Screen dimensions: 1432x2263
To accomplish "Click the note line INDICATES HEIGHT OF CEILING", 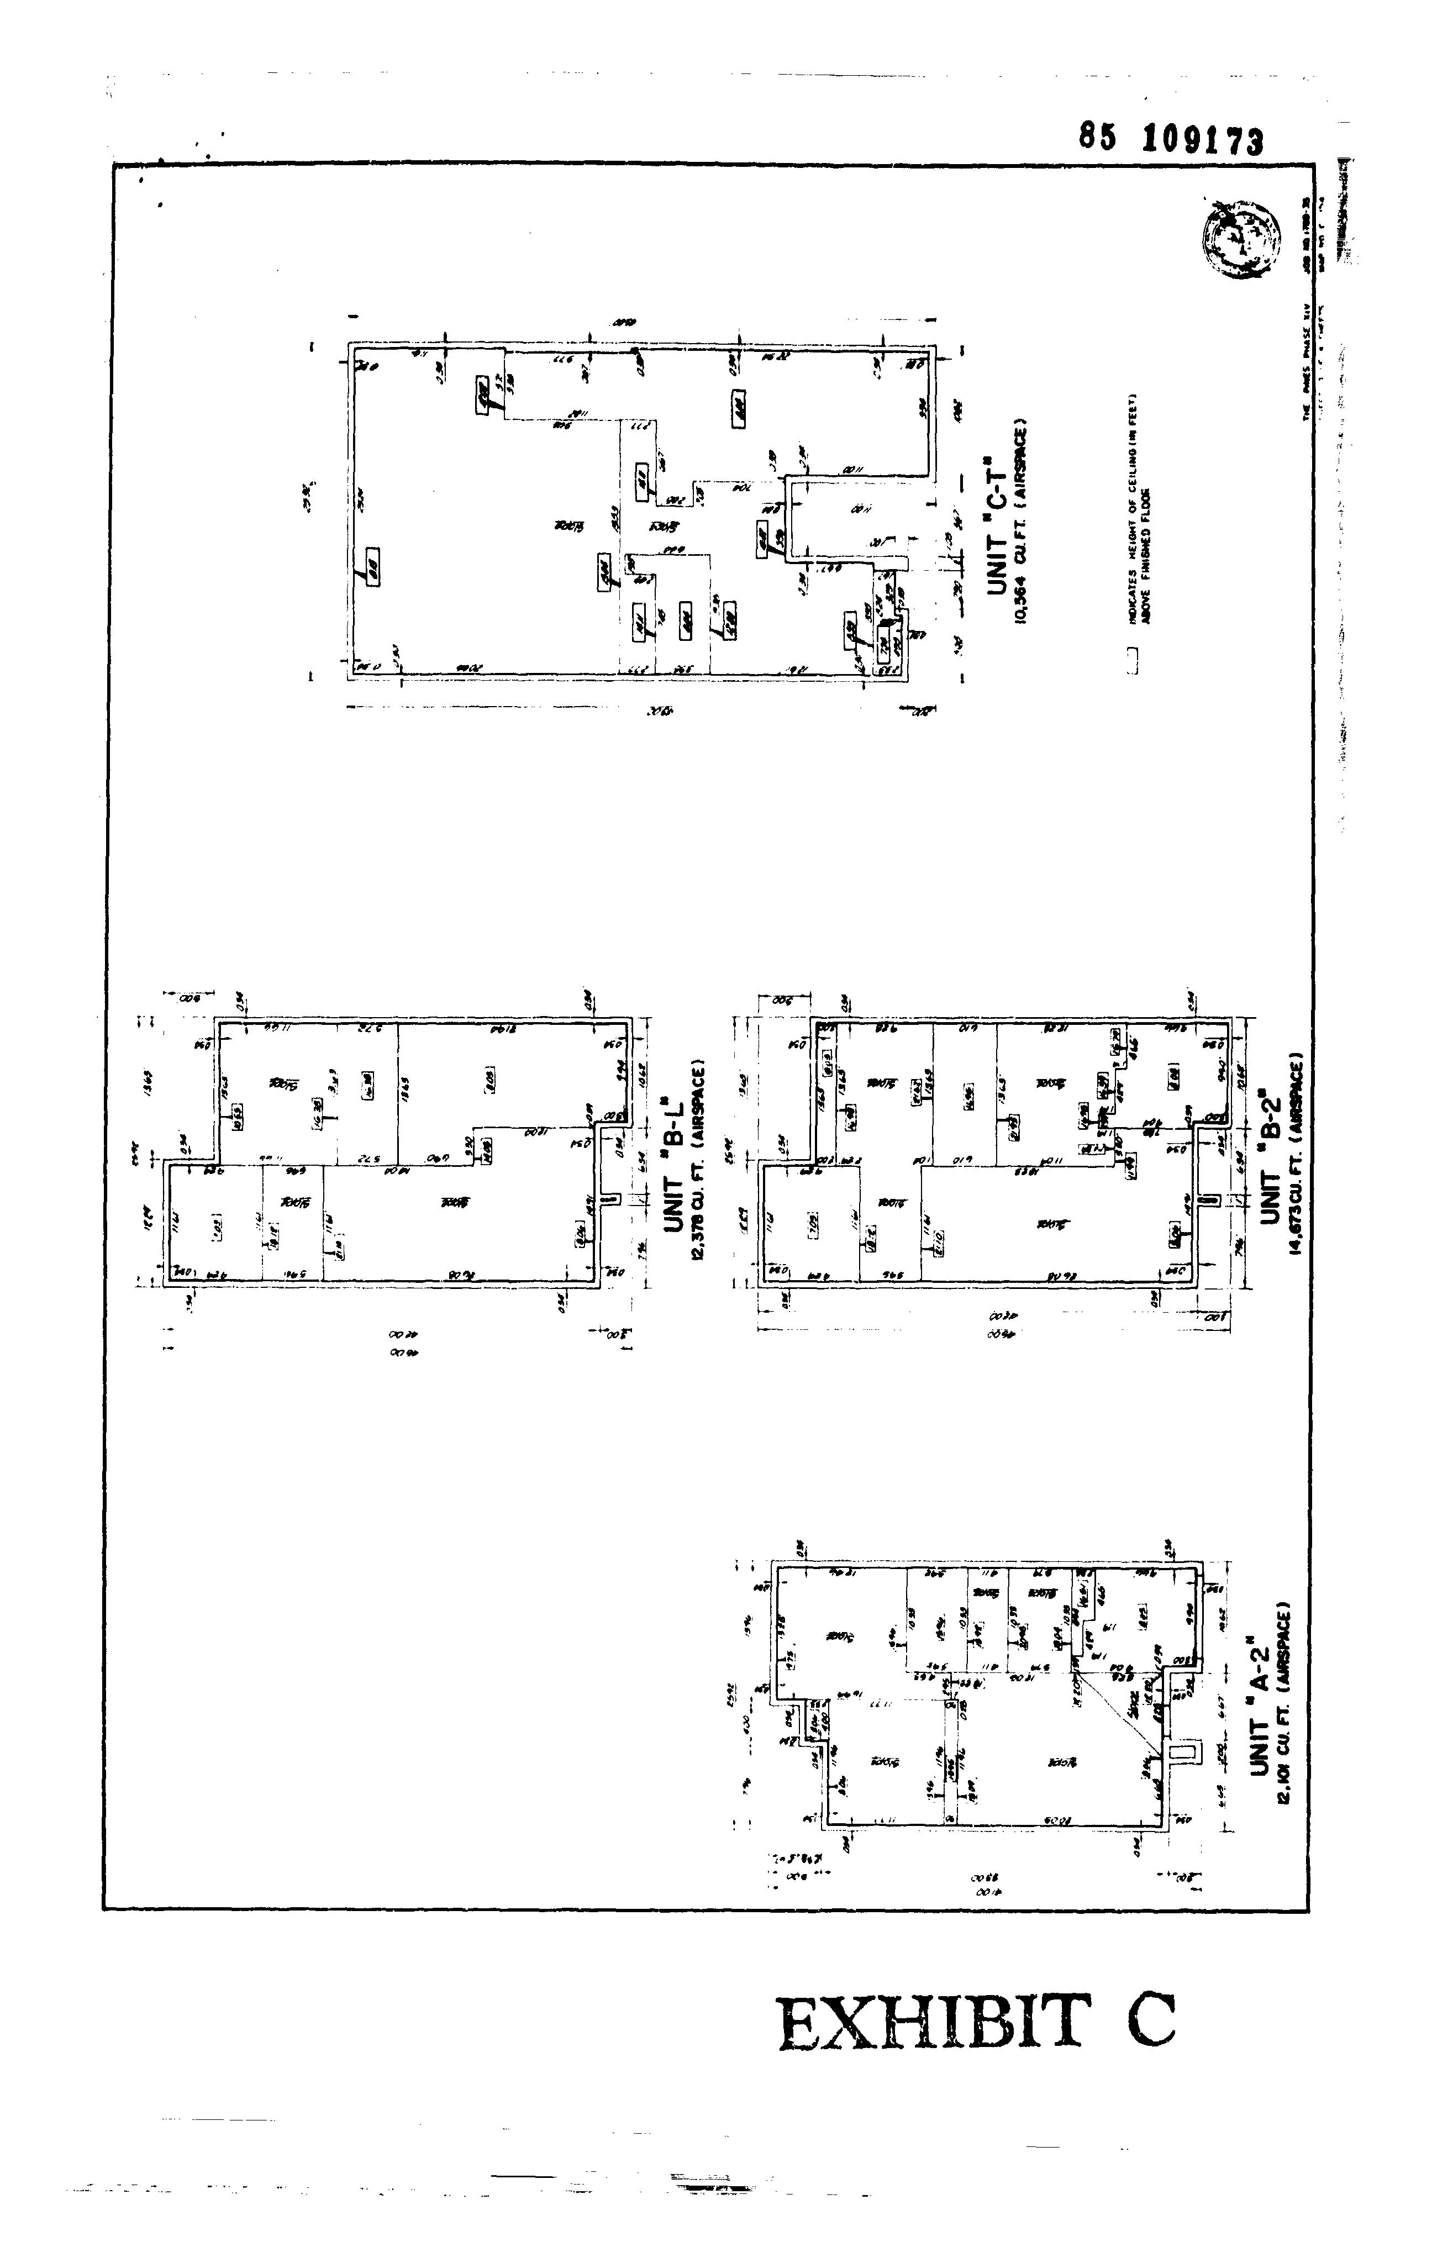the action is [1133, 508].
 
